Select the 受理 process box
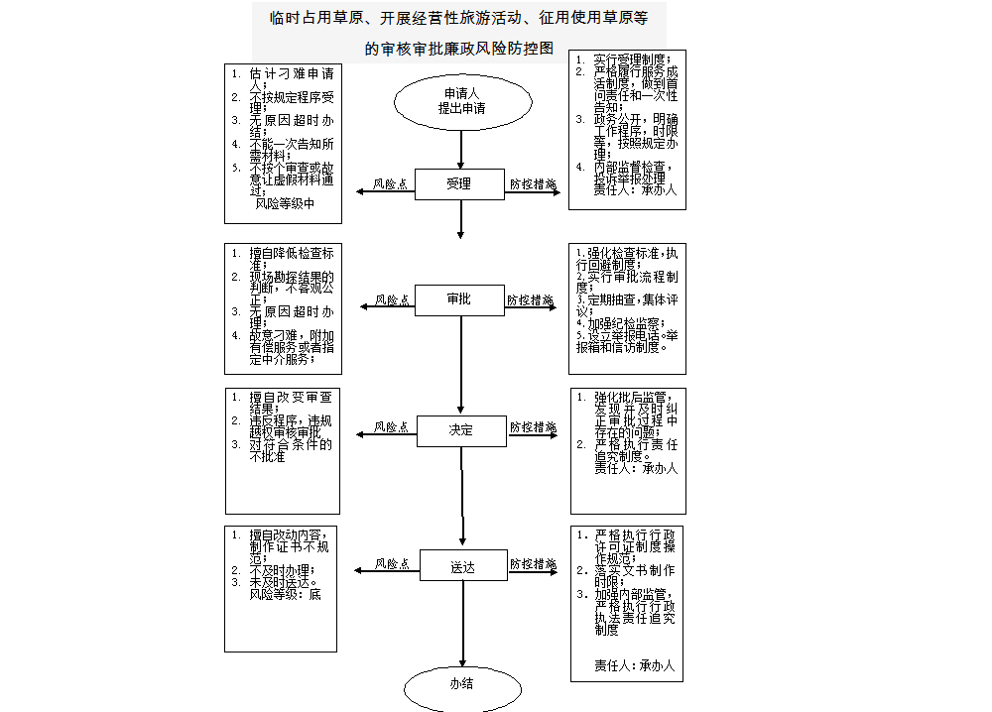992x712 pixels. (459, 184)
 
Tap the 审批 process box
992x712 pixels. (459, 299)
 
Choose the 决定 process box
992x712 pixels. (461, 430)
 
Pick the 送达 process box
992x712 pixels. (462, 567)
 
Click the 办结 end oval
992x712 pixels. (461, 684)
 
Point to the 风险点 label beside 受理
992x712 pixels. (391, 183)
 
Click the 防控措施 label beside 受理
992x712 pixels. (533, 183)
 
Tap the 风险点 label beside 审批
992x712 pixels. (393, 299)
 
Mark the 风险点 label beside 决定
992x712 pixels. (391, 427)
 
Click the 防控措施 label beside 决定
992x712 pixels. (534, 427)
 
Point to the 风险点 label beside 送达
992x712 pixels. (393, 564)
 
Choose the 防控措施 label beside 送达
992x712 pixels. (534, 564)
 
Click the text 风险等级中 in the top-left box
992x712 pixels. (285, 204)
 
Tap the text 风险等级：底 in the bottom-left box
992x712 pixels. (286, 595)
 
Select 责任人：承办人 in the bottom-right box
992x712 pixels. (634, 666)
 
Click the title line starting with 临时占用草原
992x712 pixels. (458, 18)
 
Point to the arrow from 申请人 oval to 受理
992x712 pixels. (461, 148)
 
